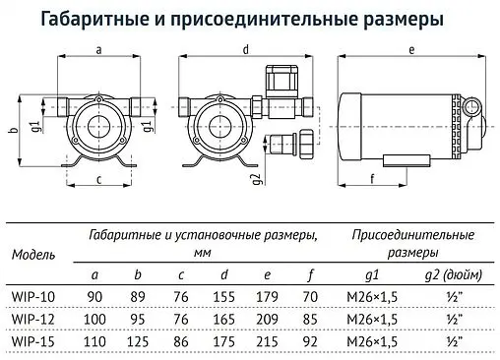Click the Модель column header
32,255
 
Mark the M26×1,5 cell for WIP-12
371,319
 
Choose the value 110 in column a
95,339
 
